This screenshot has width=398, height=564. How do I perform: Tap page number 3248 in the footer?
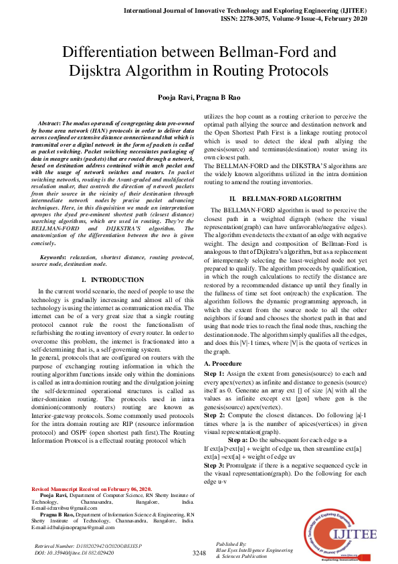click(199, 553)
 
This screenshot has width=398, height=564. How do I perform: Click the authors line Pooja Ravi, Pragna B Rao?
click(199, 98)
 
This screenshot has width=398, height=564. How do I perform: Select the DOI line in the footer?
click(74, 553)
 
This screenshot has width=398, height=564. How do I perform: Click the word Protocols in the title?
click(293, 70)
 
